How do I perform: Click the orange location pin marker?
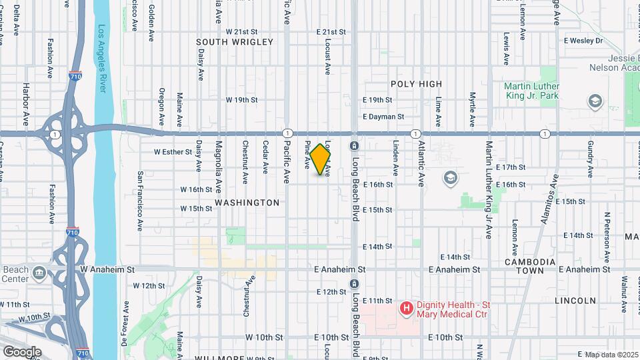click(321, 159)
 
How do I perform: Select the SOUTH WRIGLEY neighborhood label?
click(235, 42)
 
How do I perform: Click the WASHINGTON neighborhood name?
click(247, 203)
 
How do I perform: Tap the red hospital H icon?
click(405, 308)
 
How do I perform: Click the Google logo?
click(22, 351)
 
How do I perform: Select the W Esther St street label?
click(173, 152)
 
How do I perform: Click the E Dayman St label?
click(383, 117)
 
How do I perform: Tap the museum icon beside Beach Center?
click(39, 272)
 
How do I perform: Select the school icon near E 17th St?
click(451, 178)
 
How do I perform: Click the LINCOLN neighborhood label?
click(575, 301)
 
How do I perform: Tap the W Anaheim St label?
click(103, 269)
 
